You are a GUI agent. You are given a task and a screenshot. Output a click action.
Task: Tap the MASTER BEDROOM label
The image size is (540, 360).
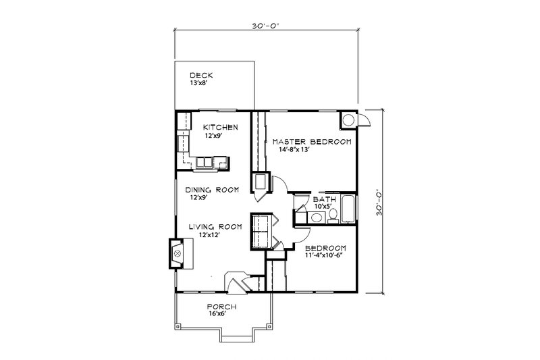pos(311,142)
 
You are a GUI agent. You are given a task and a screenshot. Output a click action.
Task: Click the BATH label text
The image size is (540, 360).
pos(320,200)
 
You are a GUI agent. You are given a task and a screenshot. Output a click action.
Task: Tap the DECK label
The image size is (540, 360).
pos(198,76)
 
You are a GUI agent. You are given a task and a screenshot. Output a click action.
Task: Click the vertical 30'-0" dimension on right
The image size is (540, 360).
pos(381,201)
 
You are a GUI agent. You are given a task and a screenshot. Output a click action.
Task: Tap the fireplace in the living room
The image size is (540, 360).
pos(178,254)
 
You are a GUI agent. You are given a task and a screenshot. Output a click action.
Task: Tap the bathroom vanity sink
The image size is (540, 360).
pos(315,217)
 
